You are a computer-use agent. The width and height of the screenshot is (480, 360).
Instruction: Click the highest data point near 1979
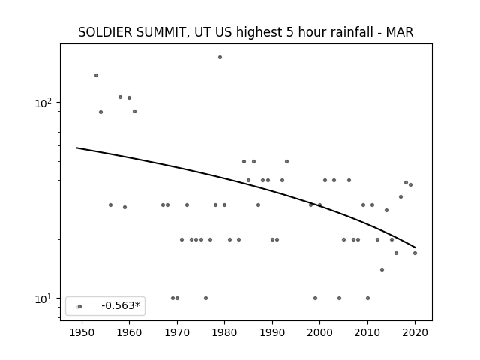pyautogui.click(x=220, y=57)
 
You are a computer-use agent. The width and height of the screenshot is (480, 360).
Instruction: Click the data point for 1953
pyautogui.click(x=96, y=75)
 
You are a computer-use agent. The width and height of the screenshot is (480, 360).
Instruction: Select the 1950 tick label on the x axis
pyautogui.click(x=82, y=332)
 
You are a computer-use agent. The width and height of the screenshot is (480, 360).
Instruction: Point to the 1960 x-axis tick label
pyautogui.click(x=129, y=332)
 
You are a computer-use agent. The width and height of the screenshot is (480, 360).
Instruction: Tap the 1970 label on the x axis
pyautogui.click(x=177, y=332)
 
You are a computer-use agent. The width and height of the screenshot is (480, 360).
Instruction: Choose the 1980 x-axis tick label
pyautogui.click(x=224, y=332)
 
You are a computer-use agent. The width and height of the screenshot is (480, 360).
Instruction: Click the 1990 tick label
pyautogui.click(x=272, y=332)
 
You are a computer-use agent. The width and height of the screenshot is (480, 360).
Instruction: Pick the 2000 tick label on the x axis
pyautogui.click(x=320, y=332)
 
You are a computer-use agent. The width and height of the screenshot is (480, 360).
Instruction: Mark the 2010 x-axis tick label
pyautogui.click(x=367, y=332)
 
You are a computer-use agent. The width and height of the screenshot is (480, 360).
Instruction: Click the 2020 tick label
pyautogui.click(x=415, y=332)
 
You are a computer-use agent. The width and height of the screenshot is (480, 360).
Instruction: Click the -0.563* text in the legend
pyautogui.click(x=121, y=305)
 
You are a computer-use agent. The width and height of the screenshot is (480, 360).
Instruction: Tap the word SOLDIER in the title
pyautogui.click(x=105, y=32)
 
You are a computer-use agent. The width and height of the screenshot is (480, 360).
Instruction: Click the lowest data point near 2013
pyautogui.click(x=382, y=270)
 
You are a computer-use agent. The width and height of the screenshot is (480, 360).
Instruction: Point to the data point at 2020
pyautogui.click(x=415, y=253)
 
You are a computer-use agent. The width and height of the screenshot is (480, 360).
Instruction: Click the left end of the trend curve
pyautogui.click(x=76, y=148)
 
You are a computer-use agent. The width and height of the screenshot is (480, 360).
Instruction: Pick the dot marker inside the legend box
pyautogui.click(x=79, y=307)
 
